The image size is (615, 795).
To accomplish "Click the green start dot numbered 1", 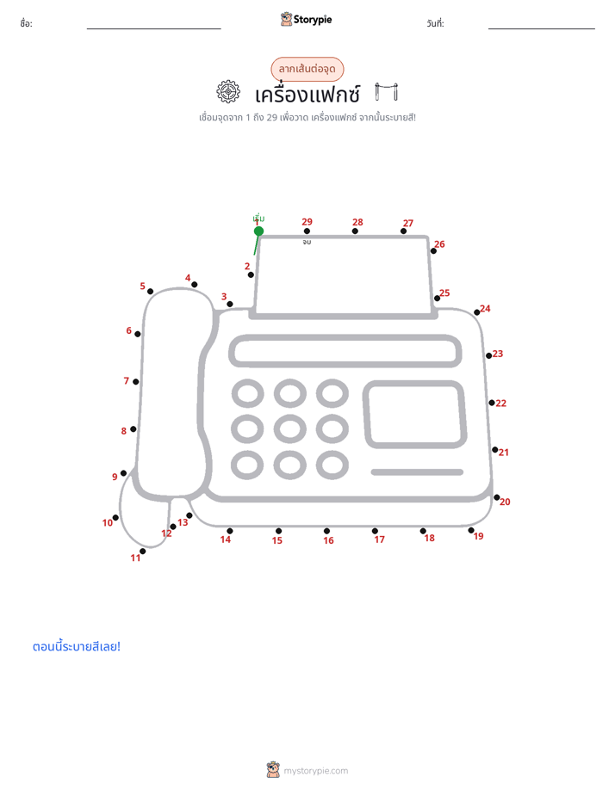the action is (x=258, y=231).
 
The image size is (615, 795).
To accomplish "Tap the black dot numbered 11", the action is (x=143, y=552).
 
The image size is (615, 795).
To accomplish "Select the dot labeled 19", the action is (x=471, y=530).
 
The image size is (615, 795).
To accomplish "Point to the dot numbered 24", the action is (x=476, y=312).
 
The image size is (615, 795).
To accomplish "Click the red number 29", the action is (x=307, y=222).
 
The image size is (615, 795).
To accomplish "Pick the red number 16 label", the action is (x=328, y=540).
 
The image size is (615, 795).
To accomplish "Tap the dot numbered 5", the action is (x=150, y=292).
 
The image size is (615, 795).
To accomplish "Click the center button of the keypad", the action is (x=289, y=429).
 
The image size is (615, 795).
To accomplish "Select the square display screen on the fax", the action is (x=414, y=414).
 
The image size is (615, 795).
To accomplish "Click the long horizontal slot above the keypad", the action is (x=345, y=351).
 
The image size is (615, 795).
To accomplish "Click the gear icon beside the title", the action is (x=228, y=92).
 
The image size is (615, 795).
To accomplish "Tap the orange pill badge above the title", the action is (x=307, y=69).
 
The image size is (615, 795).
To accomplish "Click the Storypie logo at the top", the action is (x=307, y=19).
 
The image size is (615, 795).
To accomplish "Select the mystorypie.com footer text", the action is (x=315, y=771).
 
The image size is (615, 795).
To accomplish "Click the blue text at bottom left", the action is (x=77, y=646).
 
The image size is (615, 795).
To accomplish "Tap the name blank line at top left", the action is (x=153, y=28).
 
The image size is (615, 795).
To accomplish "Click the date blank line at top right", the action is (x=542, y=28).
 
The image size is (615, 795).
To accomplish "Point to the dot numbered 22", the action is (x=492, y=403).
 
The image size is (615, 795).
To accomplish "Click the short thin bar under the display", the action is (x=417, y=472).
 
